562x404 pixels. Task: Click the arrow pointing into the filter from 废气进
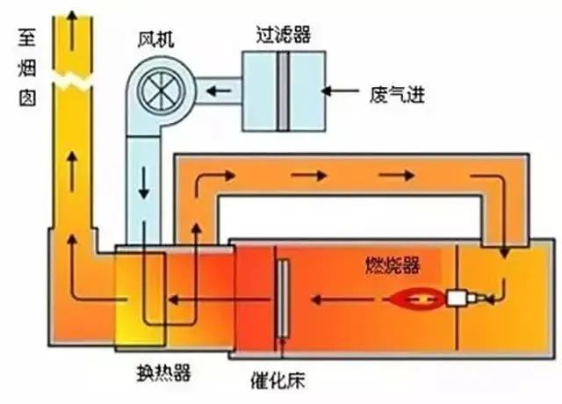344,89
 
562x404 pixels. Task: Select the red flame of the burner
418,299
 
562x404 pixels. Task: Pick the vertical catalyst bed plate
283,299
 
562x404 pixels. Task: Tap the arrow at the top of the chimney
75,18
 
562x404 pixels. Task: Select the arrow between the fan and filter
215,89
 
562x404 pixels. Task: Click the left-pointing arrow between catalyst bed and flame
334,299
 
